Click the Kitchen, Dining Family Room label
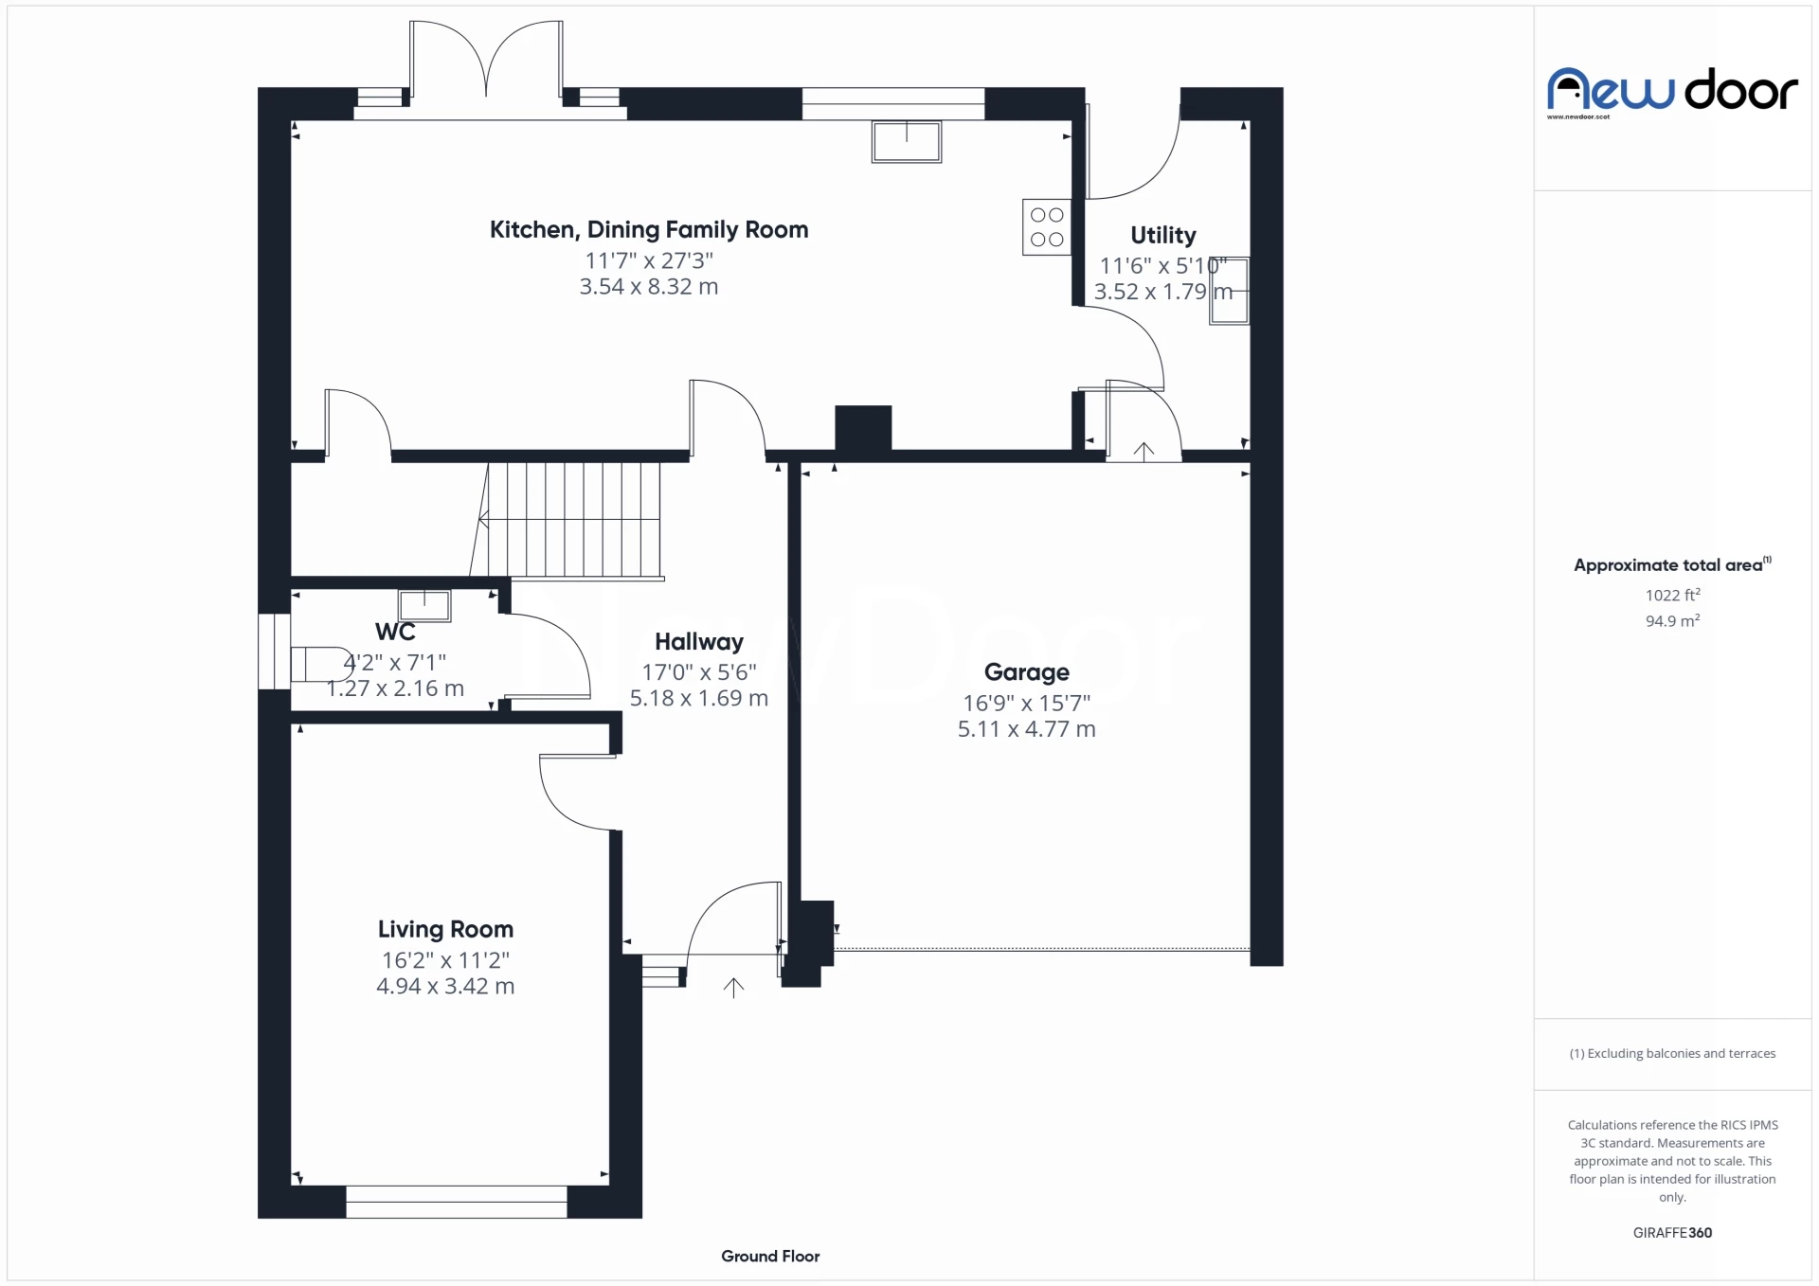[649, 230]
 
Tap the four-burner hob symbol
[1047, 227]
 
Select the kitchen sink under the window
[907, 142]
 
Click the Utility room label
[1162, 235]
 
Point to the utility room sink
[1229, 292]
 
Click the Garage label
[1026, 672]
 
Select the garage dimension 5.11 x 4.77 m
[1026, 729]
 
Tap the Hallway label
[699, 642]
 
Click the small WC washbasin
[424, 604]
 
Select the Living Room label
[445, 929]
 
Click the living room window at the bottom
[456, 1202]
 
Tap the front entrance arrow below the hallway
[733, 988]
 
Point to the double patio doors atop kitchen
[486, 66]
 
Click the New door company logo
[1672, 91]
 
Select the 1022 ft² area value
[1672, 595]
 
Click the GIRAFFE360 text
[1672, 1232]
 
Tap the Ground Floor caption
[769, 1256]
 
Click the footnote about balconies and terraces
[1672, 1053]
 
